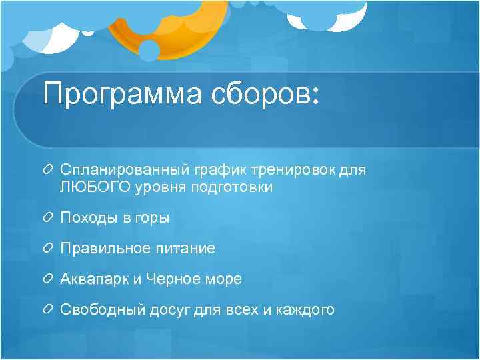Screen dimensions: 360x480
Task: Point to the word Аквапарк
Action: [93, 279]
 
